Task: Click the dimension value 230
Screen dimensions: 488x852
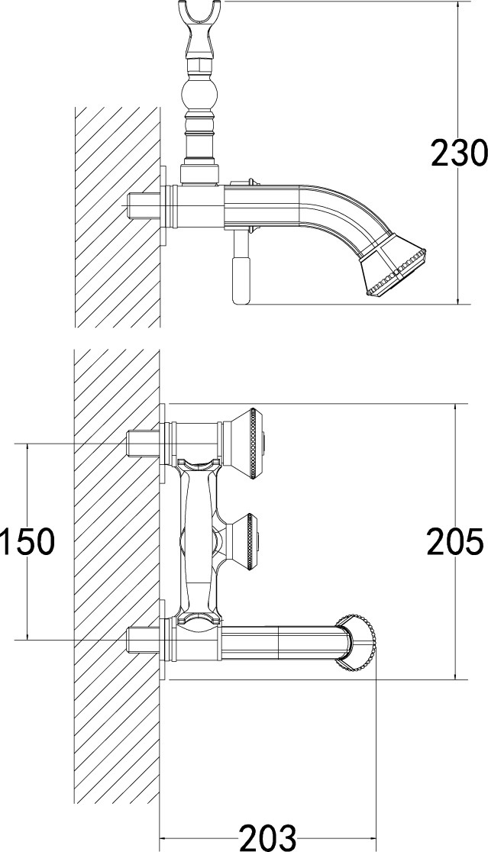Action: [459, 153]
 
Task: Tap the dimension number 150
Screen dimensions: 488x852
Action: [27, 542]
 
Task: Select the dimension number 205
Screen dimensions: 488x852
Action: [455, 542]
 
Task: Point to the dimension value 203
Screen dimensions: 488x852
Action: [268, 837]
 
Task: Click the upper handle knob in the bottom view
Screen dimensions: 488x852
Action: [244, 444]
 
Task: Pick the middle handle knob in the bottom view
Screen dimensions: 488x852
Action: [244, 541]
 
